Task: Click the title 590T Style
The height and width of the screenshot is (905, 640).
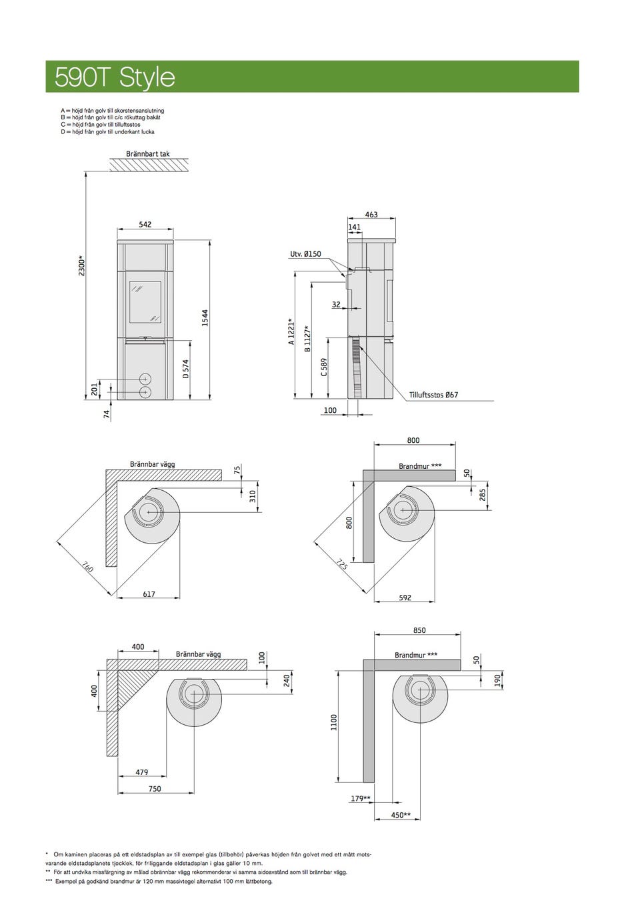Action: click(115, 77)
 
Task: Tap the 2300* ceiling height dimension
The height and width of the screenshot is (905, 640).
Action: click(81, 265)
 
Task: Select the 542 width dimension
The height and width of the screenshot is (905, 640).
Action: click(145, 224)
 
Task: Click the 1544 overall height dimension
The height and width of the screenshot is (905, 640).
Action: click(205, 318)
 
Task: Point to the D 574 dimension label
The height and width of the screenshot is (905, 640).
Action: click(185, 369)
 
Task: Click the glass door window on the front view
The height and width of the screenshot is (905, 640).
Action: click(145, 302)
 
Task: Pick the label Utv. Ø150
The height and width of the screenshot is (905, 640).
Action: click(305, 253)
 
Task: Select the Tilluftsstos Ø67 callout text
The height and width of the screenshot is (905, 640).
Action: click(433, 395)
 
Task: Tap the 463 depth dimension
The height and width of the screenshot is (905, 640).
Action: click(371, 215)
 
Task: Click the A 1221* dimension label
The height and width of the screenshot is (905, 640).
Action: click(292, 331)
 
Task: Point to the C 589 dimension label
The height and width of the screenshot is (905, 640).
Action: click(324, 367)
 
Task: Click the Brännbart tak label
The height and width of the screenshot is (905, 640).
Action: click(148, 153)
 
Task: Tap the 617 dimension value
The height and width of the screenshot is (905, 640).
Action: click(149, 594)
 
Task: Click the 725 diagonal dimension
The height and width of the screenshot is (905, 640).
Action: click(341, 564)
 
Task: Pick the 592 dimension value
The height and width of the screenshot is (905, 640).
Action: click(405, 598)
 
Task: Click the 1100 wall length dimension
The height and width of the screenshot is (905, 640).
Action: click(334, 722)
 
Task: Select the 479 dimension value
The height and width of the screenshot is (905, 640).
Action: click(142, 772)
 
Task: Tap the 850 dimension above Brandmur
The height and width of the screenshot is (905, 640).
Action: click(419, 630)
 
